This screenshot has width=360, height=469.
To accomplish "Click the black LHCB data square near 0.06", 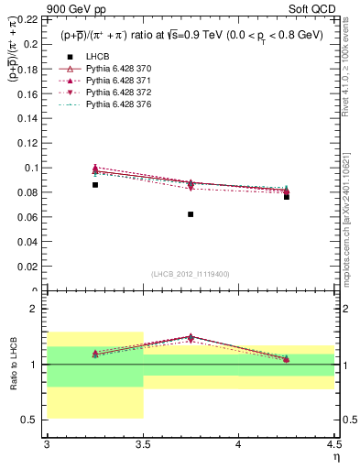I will (191, 214).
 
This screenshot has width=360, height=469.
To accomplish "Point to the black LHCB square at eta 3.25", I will (95, 185).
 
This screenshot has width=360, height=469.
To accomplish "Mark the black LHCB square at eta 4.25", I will (287, 197).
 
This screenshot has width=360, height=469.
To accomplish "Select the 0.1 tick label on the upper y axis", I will (33, 168).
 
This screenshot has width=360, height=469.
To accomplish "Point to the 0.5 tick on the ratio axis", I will (35, 420).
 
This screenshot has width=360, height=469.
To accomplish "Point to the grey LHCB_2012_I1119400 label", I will (191, 274).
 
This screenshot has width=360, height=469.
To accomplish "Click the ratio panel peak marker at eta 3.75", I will (191, 337).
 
